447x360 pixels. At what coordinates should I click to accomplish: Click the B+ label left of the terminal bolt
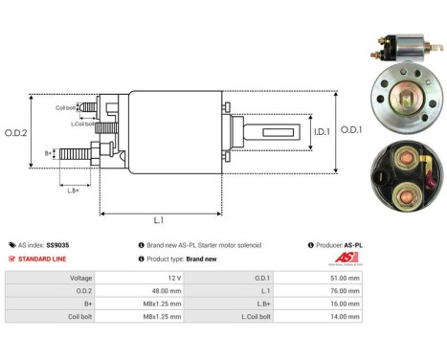(x=49, y=152)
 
